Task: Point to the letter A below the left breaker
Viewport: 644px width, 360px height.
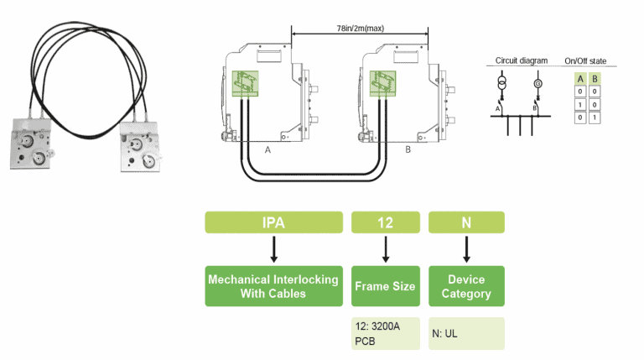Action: point(267,149)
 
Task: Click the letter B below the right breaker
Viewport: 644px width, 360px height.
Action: point(407,149)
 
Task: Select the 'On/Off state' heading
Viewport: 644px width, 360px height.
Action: point(590,61)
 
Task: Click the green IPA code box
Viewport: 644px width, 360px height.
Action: point(274,222)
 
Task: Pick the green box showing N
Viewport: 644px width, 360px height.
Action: point(466,222)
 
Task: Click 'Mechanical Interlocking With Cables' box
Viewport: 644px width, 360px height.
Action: point(274,286)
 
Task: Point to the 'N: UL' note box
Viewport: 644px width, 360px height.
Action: point(466,333)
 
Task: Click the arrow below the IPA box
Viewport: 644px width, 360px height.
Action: point(274,249)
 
